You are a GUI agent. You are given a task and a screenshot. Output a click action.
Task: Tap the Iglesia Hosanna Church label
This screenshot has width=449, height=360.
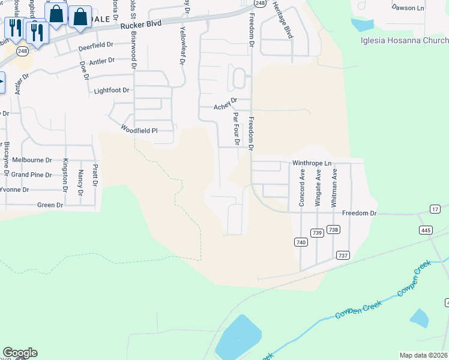[x=404, y=41]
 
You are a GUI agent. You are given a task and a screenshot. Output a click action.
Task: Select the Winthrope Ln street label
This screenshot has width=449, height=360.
[x=312, y=163]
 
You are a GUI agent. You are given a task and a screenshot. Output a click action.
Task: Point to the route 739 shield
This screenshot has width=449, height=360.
[x=318, y=233]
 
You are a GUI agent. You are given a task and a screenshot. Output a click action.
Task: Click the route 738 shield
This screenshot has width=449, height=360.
[x=334, y=229]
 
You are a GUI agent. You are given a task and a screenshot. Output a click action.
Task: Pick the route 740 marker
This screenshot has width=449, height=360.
[x=301, y=242]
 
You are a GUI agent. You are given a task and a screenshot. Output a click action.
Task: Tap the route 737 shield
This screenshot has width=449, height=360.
[x=343, y=255]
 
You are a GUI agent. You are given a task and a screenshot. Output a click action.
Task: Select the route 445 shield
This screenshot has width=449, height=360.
[x=426, y=230]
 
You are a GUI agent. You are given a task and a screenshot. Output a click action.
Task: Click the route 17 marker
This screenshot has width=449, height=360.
[x=435, y=209]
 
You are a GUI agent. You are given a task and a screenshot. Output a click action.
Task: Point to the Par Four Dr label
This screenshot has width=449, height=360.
[x=236, y=128]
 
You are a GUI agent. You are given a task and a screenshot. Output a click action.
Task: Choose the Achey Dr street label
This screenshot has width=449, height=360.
[x=226, y=107]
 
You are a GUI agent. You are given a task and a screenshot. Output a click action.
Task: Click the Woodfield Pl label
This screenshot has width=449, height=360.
[x=139, y=129]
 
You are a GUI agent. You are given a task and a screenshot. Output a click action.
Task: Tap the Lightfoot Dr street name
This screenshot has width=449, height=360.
[x=112, y=91]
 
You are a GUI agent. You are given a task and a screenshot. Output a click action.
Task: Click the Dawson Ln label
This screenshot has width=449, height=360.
[x=408, y=8]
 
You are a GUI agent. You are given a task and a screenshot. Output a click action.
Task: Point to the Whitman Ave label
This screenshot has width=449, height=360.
[x=335, y=188]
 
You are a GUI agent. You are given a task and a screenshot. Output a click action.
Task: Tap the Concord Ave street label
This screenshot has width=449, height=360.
[x=302, y=188]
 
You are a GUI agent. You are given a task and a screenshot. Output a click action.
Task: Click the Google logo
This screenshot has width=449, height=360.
[x=20, y=353]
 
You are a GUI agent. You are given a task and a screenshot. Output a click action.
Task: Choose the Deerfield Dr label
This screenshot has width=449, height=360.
[x=95, y=45]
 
